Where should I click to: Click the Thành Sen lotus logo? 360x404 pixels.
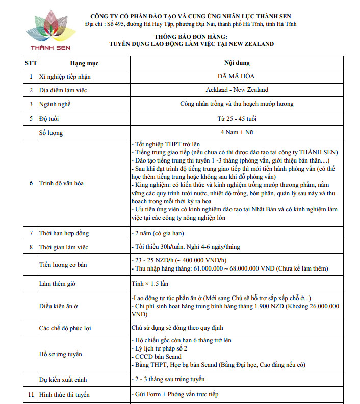pyautogui.click(x=50, y=28)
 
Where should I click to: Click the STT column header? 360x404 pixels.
pyautogui.click(x=30, y=63)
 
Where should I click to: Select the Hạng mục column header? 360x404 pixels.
pyautogui.click(x=84, y=63)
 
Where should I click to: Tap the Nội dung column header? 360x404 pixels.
pyautogui.click(x=237, y=63)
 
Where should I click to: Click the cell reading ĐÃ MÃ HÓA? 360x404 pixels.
pyautogui.click(x=237, y=76)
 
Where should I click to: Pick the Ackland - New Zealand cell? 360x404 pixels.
pyautogui.click(x=237, y=90)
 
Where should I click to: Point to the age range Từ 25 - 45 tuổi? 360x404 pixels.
pyautogui.click(x=237, y=119)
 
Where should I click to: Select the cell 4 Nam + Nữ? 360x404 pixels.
pyautogui.click(x=237, y=132)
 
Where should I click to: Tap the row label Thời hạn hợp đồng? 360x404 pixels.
pyautogui.click(x=64, y=233)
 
